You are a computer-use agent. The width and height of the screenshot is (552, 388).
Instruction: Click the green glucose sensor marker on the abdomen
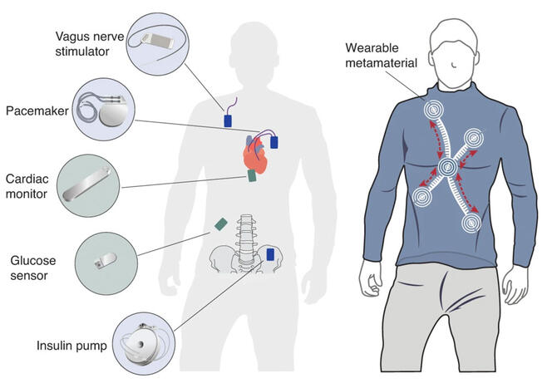coord(221,223)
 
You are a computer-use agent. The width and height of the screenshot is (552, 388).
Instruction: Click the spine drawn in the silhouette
coord(245,241)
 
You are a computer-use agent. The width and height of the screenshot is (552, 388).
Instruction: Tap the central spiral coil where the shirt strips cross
coord(448,169)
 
